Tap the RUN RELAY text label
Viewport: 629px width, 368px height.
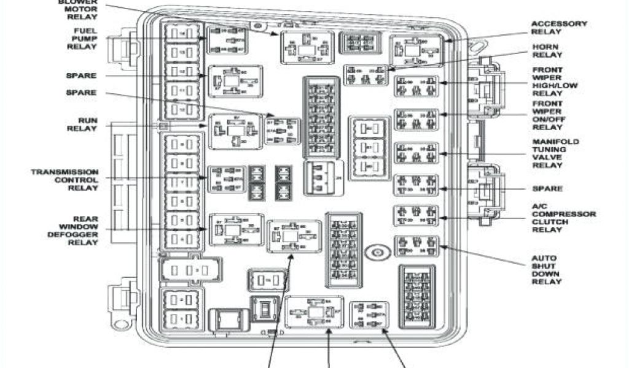(x=82, y=124)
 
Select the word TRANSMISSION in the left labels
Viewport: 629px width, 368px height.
(x=64, y=172)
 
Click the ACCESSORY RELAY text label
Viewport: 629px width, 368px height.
(x=559, y=28)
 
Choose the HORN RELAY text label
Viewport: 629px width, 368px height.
(x=545, y=50)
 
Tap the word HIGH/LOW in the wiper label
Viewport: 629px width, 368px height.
(x=549, y=86)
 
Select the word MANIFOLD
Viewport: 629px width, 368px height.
(x=555, y=142)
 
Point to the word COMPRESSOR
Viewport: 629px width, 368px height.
(x=564, y=214)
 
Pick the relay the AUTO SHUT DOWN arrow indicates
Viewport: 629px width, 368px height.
(x=416, y=246)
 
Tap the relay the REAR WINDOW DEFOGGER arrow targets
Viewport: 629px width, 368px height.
(x=236, y=229)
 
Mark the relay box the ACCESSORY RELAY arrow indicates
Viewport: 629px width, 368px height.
(x=416, y=50)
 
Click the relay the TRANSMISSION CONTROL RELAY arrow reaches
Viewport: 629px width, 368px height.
(x=227, y=178)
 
